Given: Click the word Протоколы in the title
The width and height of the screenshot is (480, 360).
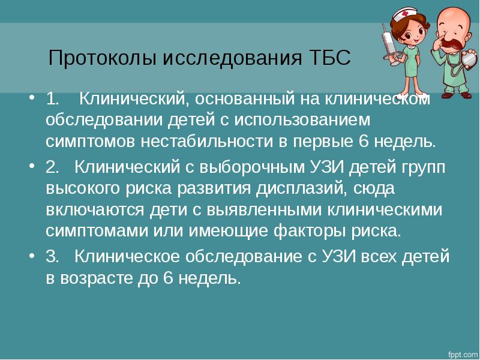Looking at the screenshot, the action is coord(103,58).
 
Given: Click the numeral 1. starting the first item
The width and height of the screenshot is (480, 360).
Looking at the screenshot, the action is coord(52,99).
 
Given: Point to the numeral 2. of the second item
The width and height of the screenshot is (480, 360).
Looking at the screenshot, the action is coord(52,167).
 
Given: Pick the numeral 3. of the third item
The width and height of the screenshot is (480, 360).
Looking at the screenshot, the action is coord(52,256).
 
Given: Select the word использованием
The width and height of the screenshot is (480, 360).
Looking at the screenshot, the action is coord(302,120).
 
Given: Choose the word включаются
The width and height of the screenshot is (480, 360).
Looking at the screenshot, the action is coord(95,211).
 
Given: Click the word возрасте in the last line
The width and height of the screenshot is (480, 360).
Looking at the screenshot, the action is coord(96,278).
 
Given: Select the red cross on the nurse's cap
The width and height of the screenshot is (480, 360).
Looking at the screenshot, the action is coord(406,13).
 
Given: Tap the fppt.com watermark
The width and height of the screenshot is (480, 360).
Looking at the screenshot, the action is coord(463,355).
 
